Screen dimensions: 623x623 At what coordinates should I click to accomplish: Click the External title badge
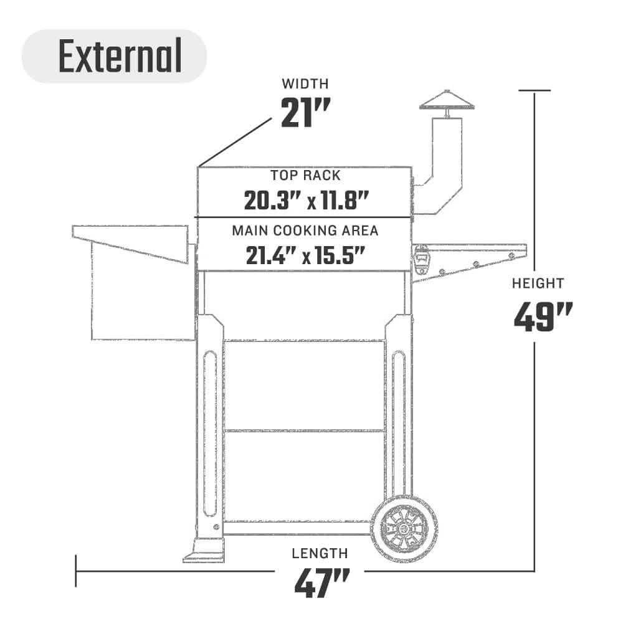tap(115, 56)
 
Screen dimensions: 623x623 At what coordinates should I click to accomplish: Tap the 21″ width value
tap(305, 113)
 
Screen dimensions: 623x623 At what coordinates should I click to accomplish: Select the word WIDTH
tap(305, 84)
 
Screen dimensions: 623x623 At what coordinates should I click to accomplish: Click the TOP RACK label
tap(305, 175)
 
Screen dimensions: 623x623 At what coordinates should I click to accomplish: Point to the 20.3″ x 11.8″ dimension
tap(307, 201)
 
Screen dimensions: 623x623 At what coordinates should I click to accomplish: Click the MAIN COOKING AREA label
tap(305, 231)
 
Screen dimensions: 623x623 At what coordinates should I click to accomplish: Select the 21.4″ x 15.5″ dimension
tap(305, 255)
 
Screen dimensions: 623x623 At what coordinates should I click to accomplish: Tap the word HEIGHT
tap(538, 283)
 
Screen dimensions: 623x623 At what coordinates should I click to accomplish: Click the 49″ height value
tap(543, 316)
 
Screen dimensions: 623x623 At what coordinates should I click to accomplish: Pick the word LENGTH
tap(320, 553)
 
